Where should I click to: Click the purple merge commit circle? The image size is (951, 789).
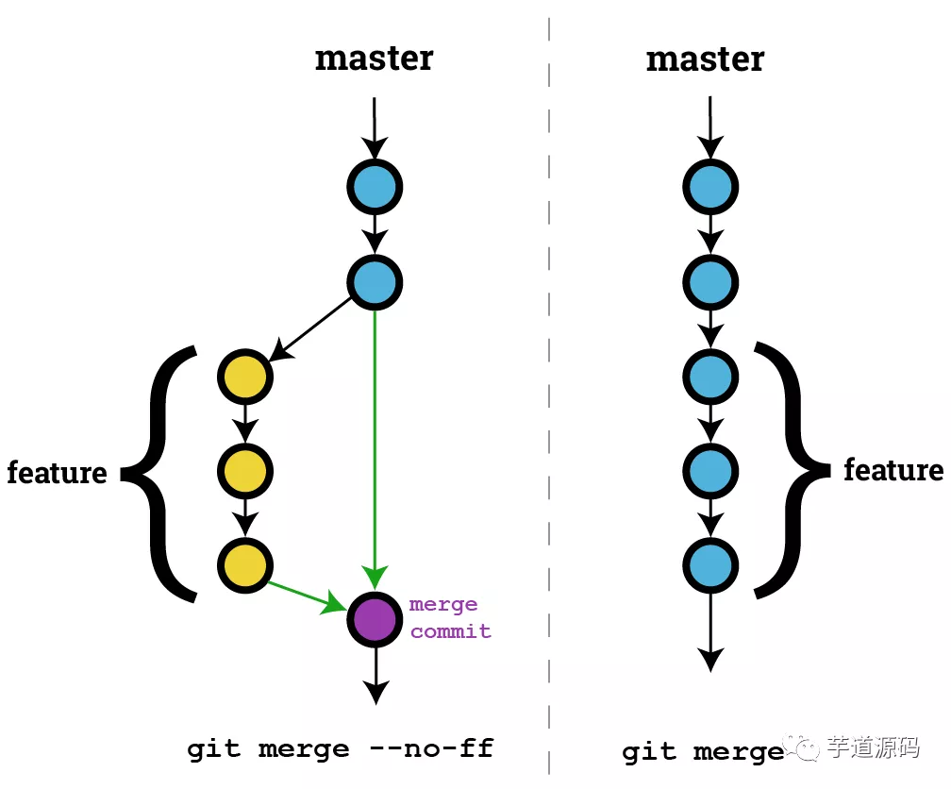tap(375, 619)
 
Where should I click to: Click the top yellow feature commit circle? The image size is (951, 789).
tap(245, 376)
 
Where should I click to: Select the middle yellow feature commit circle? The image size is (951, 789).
tap(245, 469)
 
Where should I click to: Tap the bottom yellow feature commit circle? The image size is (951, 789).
tap(245, 564)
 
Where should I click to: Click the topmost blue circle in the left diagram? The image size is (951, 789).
tap(375, 187)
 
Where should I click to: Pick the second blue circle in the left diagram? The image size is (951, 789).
tap(375, 281)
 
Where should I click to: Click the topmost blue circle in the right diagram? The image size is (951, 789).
tap(709, 187)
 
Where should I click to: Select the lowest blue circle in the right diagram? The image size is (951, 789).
tap(709, 564)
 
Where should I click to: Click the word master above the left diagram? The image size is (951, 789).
tap(374, 59)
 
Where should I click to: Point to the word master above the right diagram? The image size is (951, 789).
tap(705, 60)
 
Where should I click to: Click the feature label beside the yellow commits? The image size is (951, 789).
tap(57, 472)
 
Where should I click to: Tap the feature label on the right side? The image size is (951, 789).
tap(893, 470)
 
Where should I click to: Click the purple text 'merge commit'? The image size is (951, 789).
tap(449, 618)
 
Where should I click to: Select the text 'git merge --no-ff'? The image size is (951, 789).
tap(340, 749)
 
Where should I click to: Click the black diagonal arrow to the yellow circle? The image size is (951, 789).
tap(313, 330)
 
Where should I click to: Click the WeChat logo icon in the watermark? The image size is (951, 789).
tap(807, 748)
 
